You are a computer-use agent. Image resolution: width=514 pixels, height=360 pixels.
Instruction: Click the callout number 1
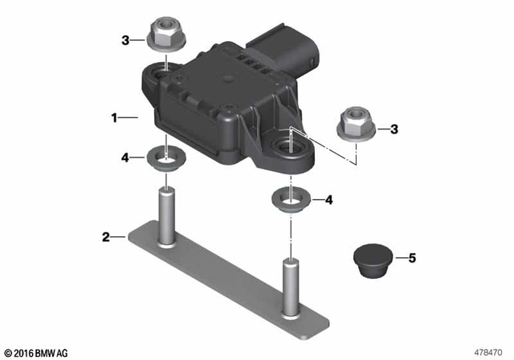click(x=115, y=118)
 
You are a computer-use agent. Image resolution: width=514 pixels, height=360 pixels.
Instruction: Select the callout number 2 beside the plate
click(x=105, y=237)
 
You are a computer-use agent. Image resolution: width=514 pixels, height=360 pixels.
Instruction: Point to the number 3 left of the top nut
click(x=125, y=39)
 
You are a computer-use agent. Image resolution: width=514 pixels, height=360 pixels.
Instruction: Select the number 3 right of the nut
click(x=394, y=129)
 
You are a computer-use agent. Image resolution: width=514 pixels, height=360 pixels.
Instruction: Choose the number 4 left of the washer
click(x=125, y=157)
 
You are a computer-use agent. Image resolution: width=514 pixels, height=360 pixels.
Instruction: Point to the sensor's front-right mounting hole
click(x=286, y=145)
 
